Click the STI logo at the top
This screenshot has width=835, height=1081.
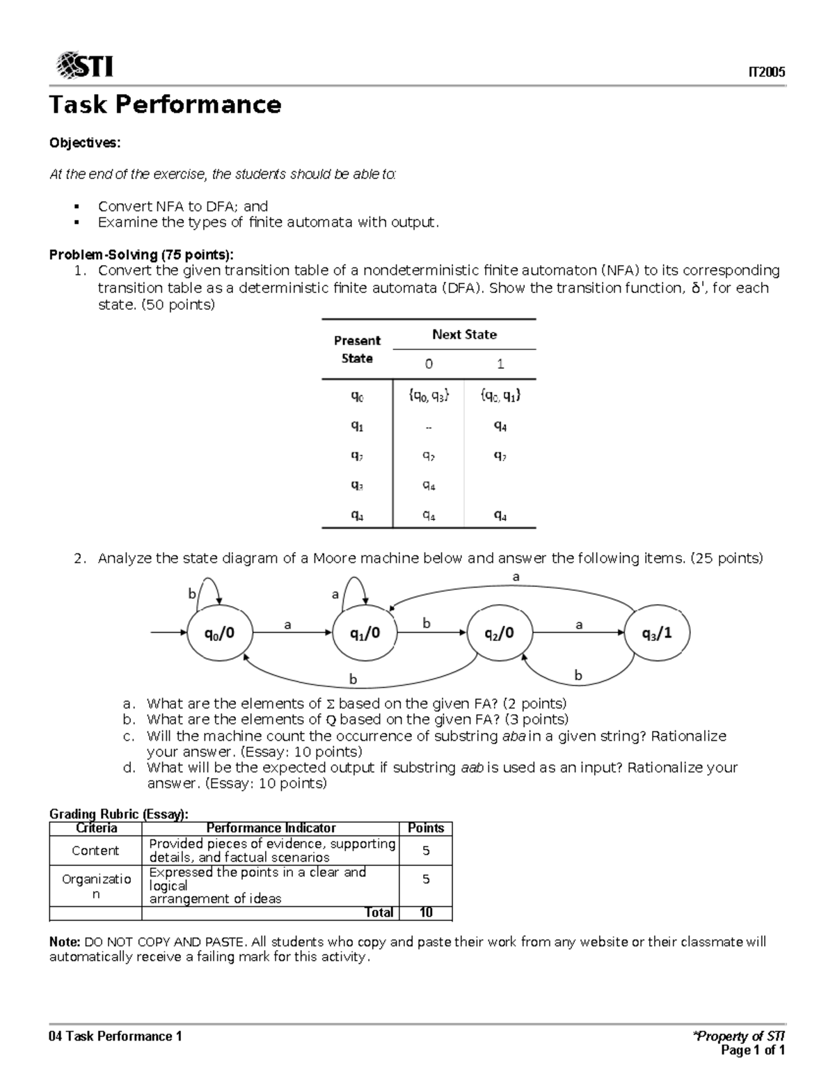click(84, 65)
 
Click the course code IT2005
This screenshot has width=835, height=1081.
click(766, 72)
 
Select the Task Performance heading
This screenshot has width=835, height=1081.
click(165, 104)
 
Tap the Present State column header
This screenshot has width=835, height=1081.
click(357, 349)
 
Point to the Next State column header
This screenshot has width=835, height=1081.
click(464, 334)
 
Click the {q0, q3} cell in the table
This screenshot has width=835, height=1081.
click(429, 395)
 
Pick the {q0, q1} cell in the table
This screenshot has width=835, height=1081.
click(500, 395)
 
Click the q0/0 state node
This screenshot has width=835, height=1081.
click(218, 633)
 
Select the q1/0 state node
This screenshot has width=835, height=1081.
click(365, 633)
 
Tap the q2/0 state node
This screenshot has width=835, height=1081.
click(500, 633)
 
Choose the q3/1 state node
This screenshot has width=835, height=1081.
click(657, 633)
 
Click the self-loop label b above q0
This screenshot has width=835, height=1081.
click(192, 594)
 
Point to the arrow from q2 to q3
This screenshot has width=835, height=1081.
click(578, 633)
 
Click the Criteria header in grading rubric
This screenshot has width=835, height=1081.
click(95, 828)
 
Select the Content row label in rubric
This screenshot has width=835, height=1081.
click(95, 851)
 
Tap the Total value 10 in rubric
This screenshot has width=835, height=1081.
click(426, 913)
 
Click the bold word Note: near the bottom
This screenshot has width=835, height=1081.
click(65, 942)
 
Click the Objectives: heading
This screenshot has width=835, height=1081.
click(84, 143)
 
